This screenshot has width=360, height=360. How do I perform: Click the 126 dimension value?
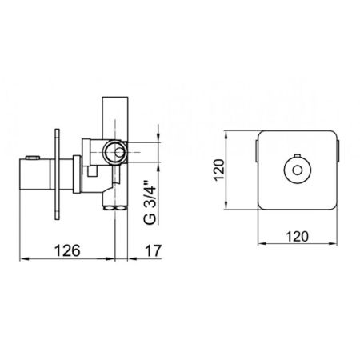tap(67, 250)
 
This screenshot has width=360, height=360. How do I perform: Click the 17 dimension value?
tap(153, 250)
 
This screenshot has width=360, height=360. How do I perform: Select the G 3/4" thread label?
tap(150, 203)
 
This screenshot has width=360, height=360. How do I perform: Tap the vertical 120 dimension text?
tap(219, 170)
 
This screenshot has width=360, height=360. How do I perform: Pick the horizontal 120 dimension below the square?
tap(298, 236)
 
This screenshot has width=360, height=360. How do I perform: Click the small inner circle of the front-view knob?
tap(297, 170)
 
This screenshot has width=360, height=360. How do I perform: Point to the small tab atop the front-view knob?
tap(297, 156)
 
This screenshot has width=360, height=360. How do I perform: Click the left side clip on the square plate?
tap(257, 150)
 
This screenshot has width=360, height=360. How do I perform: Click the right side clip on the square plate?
tap(338, 150)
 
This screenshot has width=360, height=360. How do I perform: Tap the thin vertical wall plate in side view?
tap(57, 174)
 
